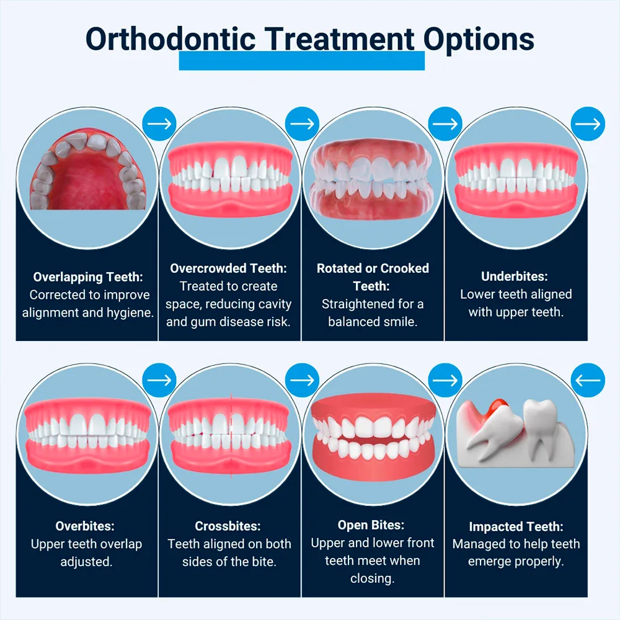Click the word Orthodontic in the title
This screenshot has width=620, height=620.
click(170, 39)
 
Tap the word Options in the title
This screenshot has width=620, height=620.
click(479, 40)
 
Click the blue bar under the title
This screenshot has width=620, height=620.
click(302, 61)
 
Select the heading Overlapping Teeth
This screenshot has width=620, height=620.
click(88, 277)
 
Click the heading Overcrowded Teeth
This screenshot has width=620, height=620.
click(229, 268)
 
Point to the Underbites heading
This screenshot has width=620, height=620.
click(515, 277)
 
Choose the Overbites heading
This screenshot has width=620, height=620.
click(85, 526)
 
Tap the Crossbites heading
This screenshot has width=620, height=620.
click(228, 526)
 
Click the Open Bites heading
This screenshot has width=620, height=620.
click(371, 525)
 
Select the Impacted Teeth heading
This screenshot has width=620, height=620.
click(516, 526)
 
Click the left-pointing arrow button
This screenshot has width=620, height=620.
click(588, 380)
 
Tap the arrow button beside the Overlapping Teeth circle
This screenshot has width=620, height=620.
click(159, 124)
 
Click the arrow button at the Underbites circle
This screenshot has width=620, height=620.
click(588, 124)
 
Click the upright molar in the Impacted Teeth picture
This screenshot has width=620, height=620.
click(541, 427)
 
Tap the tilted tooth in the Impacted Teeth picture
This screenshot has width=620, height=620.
click(495, 431)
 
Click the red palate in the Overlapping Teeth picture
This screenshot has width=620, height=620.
click(88, 178)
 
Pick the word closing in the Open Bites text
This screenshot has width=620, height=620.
click(372, 579)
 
